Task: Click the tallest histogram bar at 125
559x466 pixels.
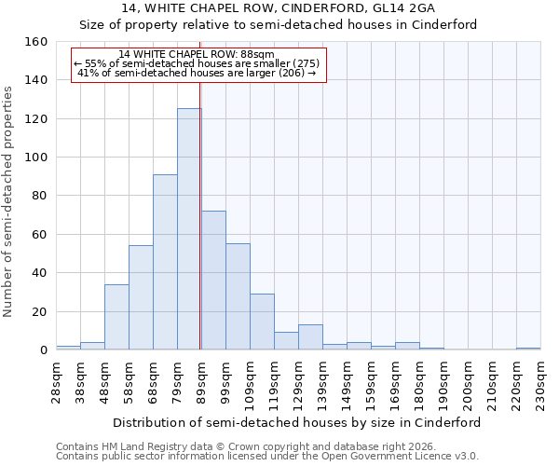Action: click(189, 229)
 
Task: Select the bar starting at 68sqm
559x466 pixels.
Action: click(165, 262)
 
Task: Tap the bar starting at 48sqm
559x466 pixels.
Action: click(116, 317)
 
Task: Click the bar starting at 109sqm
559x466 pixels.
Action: click(262, 322)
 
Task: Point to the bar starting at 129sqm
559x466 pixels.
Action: click(310, 337)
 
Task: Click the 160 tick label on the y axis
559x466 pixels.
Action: click(35, 42)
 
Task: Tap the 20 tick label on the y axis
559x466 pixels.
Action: click(39, 311)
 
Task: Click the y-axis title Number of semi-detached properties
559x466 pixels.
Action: click(9, 197)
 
